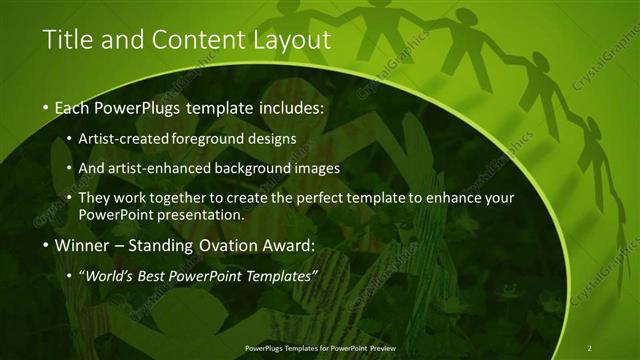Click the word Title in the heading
coord(67,40)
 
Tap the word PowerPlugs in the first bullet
coord(135,106)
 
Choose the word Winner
coord(82,245)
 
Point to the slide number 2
coord(589,347)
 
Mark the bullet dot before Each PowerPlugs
coord(46,107)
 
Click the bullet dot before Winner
coord(46,246)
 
